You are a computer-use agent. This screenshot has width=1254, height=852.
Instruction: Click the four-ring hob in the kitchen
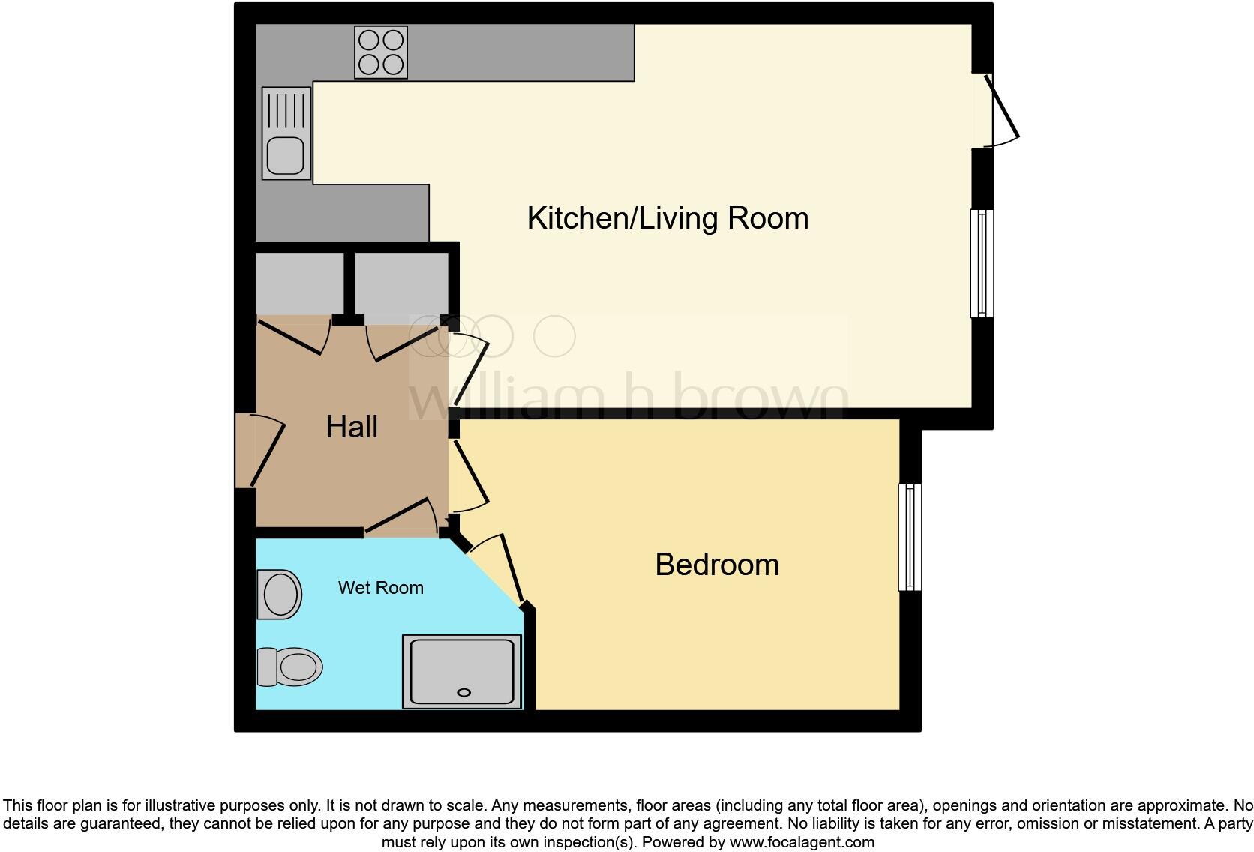tap(381, 52)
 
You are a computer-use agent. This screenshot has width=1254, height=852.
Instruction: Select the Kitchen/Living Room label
tap(667, 218)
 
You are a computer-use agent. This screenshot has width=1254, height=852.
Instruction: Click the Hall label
tap(352, 427)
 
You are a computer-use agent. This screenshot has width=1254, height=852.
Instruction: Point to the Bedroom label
tap(717, 565)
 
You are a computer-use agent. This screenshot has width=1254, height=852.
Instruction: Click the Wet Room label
tap(381, 588)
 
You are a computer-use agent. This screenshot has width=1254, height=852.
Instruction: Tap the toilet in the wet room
tap(291, 667)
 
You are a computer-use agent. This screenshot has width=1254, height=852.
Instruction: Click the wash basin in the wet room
tap(280, 595)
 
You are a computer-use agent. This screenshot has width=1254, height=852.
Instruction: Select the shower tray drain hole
tap(463, 692)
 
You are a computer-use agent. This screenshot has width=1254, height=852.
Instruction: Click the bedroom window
tap(910, 537)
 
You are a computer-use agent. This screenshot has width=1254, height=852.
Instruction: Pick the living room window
tap(982, 263)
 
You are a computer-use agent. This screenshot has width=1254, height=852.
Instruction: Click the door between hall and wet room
tap(401, 517)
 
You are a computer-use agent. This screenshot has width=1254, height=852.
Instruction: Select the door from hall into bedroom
tap(470, 474)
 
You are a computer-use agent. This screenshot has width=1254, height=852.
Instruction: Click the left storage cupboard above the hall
tap(299, 283)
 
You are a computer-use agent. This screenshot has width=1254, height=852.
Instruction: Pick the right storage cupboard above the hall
tap(401, 283)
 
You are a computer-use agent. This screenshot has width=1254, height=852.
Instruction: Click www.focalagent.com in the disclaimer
tap(802, 842)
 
